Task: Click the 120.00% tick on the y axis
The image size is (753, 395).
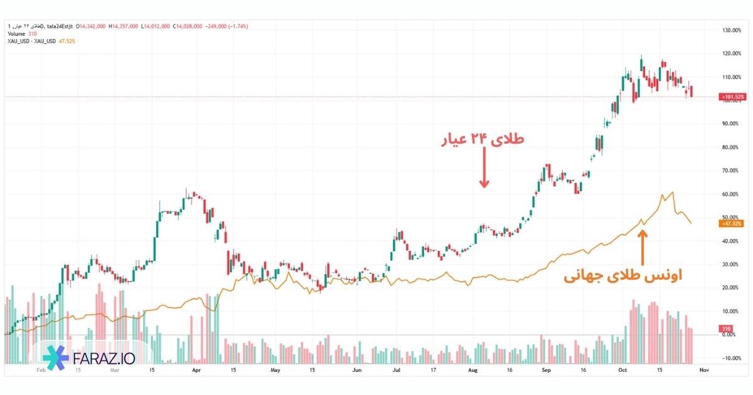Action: click(x=732, y=54)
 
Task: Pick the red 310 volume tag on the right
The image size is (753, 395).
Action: click(x=727, y=329)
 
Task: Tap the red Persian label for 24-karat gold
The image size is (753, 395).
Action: click(x=481, y=141)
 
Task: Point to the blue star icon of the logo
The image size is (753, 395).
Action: click(x=56, y=357)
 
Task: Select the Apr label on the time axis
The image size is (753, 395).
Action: click(x=196, y=371)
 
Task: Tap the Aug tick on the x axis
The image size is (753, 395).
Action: click(x=473, y=371)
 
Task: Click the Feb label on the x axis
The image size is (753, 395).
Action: click(x=41, y=371)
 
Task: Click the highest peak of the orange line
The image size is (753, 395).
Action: click(x=673, y=192)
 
